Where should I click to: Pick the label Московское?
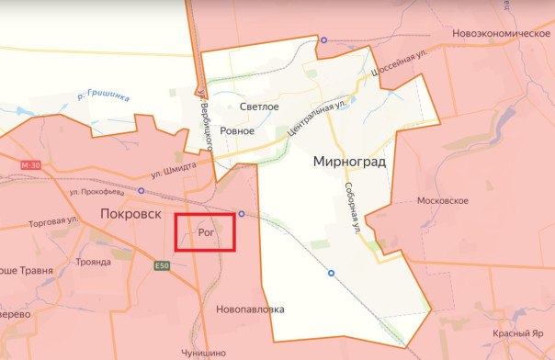coord(443,200)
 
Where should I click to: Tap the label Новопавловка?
coord(251,309)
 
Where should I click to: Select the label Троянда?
coord(93,262)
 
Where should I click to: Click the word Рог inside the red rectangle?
coord(206,233)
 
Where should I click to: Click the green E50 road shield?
coord(163,265)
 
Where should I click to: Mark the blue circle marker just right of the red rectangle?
coord(242,213)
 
